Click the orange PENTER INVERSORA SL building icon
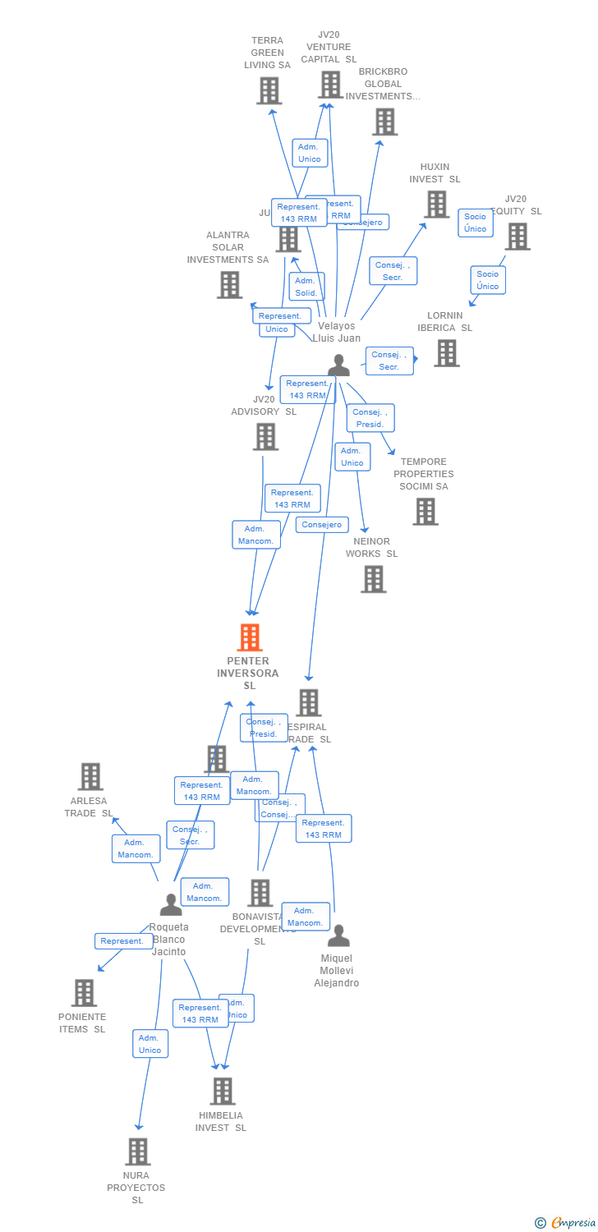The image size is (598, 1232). click(x=250, y=637)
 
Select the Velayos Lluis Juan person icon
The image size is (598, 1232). click(x=338, y=365)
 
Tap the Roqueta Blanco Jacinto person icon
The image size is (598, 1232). click(x=171, y=904)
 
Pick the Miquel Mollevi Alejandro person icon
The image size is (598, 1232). click(x=338, y=935)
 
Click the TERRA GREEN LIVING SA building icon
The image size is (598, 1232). click(x=269, y=90)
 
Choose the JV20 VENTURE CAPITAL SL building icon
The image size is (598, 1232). click(x=330, y=85)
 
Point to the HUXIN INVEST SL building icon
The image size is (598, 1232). click(x=436, y=205)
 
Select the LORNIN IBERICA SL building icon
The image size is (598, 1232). click(x=446, y=353)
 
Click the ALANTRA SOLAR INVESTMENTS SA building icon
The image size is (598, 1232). click(x=230, y=285)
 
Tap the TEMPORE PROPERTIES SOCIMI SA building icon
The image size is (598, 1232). click(x=425, y=512)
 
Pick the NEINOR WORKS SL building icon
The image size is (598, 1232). click(x=374, y=579)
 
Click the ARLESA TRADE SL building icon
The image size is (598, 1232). click(x=90, y=776)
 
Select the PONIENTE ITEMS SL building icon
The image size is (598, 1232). click(x=84, y=992)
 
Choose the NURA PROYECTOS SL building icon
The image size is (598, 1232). click(x=138, y=1151)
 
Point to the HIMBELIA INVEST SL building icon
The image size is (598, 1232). click(x=223, y=1091)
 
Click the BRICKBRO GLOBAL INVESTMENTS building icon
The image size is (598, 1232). click(x=384, y=122)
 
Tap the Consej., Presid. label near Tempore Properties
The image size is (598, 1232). click(x=370, y=418)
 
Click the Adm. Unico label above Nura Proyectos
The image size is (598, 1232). click(x=150, y=1044)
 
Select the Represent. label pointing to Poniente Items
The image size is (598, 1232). click(x=122, y=941)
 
